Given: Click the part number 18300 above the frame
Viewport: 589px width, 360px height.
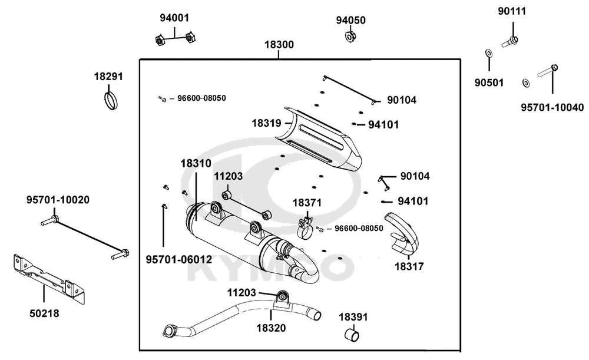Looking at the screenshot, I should pos(279,45).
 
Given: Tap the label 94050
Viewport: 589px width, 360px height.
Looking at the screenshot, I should pos(351,20).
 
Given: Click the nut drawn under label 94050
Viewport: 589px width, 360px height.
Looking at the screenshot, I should pos(349,37).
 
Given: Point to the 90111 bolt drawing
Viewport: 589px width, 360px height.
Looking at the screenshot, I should pos(510,41).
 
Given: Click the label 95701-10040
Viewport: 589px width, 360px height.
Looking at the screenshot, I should pos(552,107).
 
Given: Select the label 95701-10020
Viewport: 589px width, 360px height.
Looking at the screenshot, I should pos(58,200).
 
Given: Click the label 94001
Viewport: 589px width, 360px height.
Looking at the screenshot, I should pos(174,18).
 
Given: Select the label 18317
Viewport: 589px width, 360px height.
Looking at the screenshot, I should pos(409,266).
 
